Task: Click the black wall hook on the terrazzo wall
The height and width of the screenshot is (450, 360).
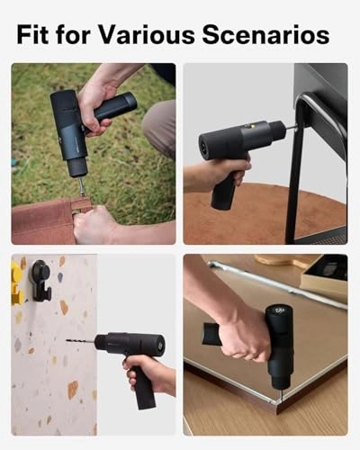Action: coord(40,277)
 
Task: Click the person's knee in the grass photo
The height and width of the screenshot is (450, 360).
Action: coord(161,121)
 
